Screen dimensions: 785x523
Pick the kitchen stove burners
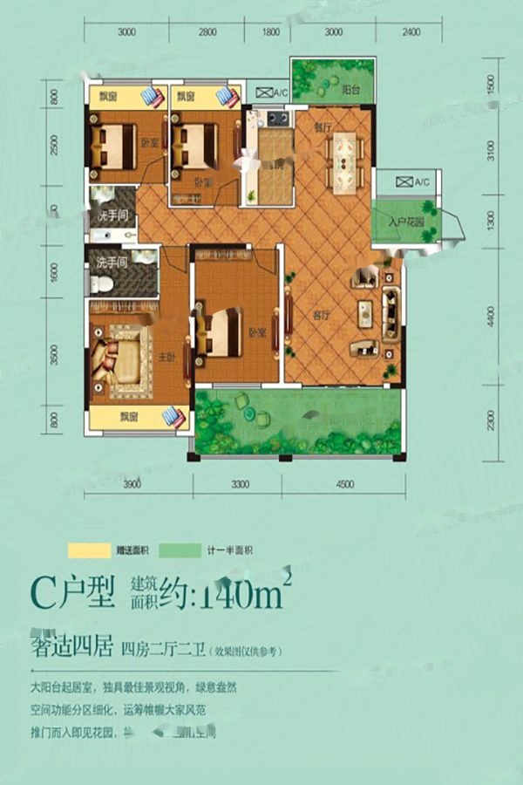[280, 118]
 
